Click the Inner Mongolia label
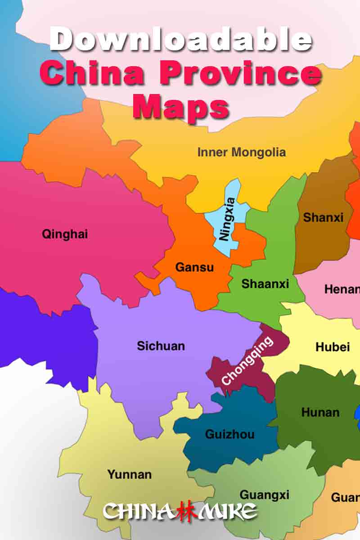click(x=241, y=152)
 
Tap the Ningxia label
click(x=228, y=219)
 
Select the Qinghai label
click(x=65, y=234)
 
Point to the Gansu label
click(x=194, y=267)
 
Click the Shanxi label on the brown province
click(x=323, y=217)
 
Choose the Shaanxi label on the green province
click(x=265, y=284)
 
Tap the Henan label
click(x=342, y=289)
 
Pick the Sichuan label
click(x=161, y=346)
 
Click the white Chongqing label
click(x=247, y=361)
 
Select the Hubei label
click(x=333, y=347)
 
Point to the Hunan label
click(x=320, y=412)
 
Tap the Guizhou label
click(x=229, y=434)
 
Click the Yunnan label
click(x=129, y=474)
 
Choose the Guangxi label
click(x=264, y=495)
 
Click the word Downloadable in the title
click(x=180, y=40)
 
